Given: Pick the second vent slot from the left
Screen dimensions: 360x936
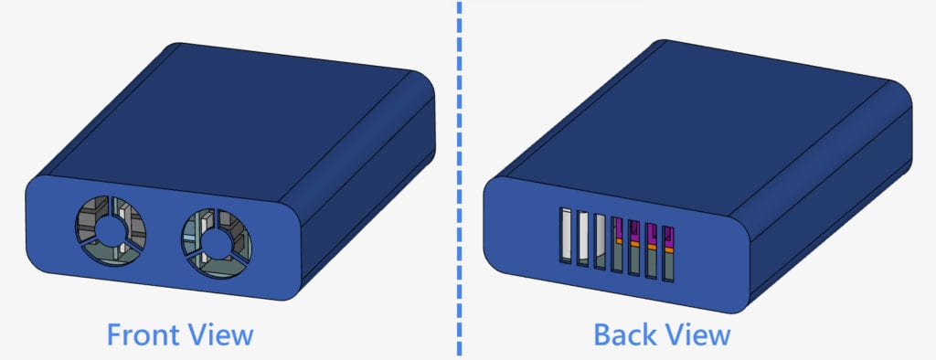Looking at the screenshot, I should (583, 238).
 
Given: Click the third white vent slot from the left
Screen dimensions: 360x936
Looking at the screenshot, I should (600, 241).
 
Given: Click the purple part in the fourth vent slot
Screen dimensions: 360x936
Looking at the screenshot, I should (617, 228).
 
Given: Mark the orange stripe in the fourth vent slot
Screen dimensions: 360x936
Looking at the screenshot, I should (617, 239).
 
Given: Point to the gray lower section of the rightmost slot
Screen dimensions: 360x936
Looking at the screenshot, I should (668, 266).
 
